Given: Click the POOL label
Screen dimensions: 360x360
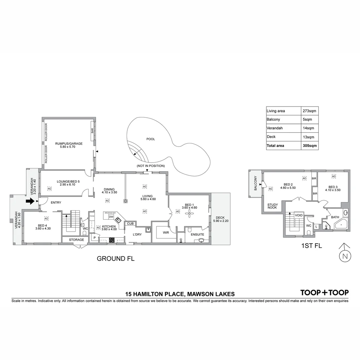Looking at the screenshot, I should coord(151,139).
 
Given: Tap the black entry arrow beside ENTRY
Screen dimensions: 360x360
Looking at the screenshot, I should coord(30,201).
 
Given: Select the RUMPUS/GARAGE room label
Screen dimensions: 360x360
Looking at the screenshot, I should coord(69,144).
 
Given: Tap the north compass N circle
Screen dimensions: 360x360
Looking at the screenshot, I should coord(345,256).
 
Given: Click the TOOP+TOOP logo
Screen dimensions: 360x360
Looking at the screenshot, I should coord(325,293).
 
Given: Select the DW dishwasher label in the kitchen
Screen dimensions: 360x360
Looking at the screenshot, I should coord(111,217).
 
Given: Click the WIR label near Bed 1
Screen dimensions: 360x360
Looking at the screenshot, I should coord(166,232).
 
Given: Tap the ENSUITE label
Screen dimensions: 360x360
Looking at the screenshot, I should coord(197,234).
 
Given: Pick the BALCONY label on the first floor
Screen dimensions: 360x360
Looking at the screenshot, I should coord(256,183).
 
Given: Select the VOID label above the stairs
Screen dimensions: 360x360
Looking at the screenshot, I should coord(299,215).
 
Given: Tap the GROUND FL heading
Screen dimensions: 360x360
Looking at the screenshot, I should coord(115,259).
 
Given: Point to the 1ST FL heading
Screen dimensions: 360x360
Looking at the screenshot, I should coord(312,246).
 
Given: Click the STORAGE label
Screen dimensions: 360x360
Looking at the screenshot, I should coord(76,240).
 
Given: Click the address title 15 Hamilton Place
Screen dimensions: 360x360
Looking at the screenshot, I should coord(180,294).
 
